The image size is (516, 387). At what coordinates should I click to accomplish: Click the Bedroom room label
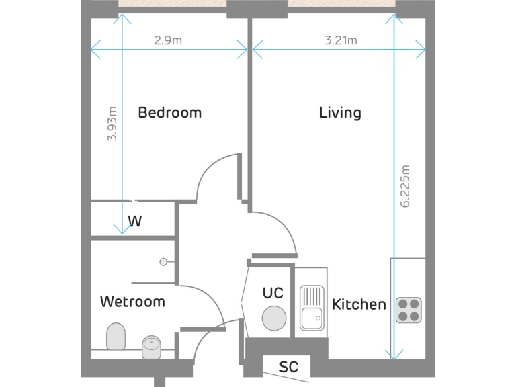(x=169, y=112)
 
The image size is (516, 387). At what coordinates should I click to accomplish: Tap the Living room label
(x=340, y=112)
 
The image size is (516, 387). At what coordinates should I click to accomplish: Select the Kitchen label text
(x=359, y=304)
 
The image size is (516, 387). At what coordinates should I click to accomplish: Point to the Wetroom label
(x=132, y=302)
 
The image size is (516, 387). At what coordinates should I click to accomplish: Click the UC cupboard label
(x=273, y=293)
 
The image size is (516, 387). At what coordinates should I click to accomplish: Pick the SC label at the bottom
(x=288, y=368)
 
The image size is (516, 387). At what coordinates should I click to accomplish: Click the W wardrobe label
(x=135, y=221)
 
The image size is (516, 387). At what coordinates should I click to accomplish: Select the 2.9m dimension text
(x=168, y=40)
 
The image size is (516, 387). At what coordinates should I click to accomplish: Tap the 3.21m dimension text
(x=341, y=40)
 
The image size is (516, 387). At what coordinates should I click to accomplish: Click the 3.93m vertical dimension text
(x=112, y=124)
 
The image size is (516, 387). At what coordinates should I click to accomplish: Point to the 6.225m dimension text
(x=405, y=187)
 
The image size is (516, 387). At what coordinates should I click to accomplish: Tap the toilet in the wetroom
(x=116, y=337)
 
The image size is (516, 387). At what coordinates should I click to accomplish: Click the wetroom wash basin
(x=152, y=347)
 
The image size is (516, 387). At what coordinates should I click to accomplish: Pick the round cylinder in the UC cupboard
(x=274, y=318)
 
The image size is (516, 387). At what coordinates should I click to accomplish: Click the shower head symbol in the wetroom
(x=163, y=261)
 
